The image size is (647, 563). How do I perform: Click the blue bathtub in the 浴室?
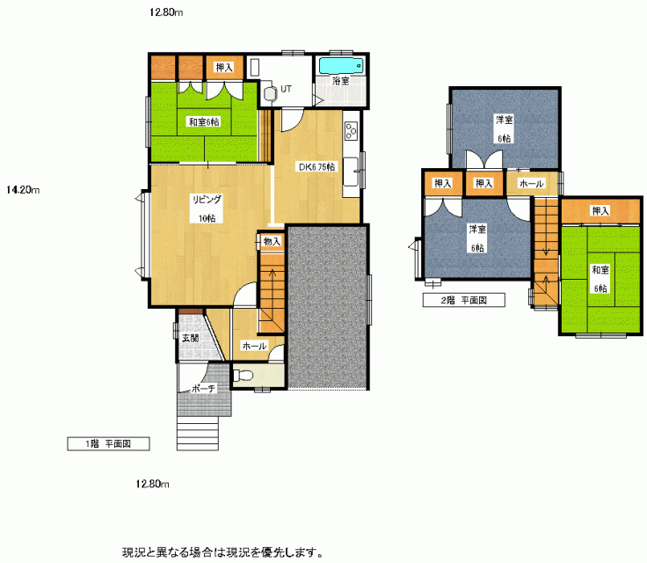coord(341,66)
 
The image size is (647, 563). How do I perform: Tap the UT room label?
coord(286,89)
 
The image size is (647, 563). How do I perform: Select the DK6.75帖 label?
coord(316,167)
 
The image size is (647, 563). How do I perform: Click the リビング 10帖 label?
coord(207,208)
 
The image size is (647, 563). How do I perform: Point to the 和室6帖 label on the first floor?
coord(204,122)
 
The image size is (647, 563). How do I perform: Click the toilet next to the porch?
coord(244,376)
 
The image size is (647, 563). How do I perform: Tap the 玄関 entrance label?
coord(191,338)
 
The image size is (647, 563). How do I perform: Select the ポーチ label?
coord(204,389)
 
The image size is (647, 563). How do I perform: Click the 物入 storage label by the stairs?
coord(272,241)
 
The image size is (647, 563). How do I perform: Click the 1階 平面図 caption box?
coord(108,443)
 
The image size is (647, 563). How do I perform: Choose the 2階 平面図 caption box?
coord(464,300)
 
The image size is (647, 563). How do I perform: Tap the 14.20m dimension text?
coord(23,190)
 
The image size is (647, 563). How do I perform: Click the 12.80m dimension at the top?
coord(166,12)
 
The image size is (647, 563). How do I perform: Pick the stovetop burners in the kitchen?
coord(351,131)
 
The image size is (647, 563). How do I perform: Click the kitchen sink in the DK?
coord(351,172)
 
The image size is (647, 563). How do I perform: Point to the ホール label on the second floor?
coord(532,183)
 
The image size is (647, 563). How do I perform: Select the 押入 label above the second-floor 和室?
coord(600,211)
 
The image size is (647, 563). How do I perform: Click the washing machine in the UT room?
coord(268,92)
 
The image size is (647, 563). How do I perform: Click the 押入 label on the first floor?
coord(224,68)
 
